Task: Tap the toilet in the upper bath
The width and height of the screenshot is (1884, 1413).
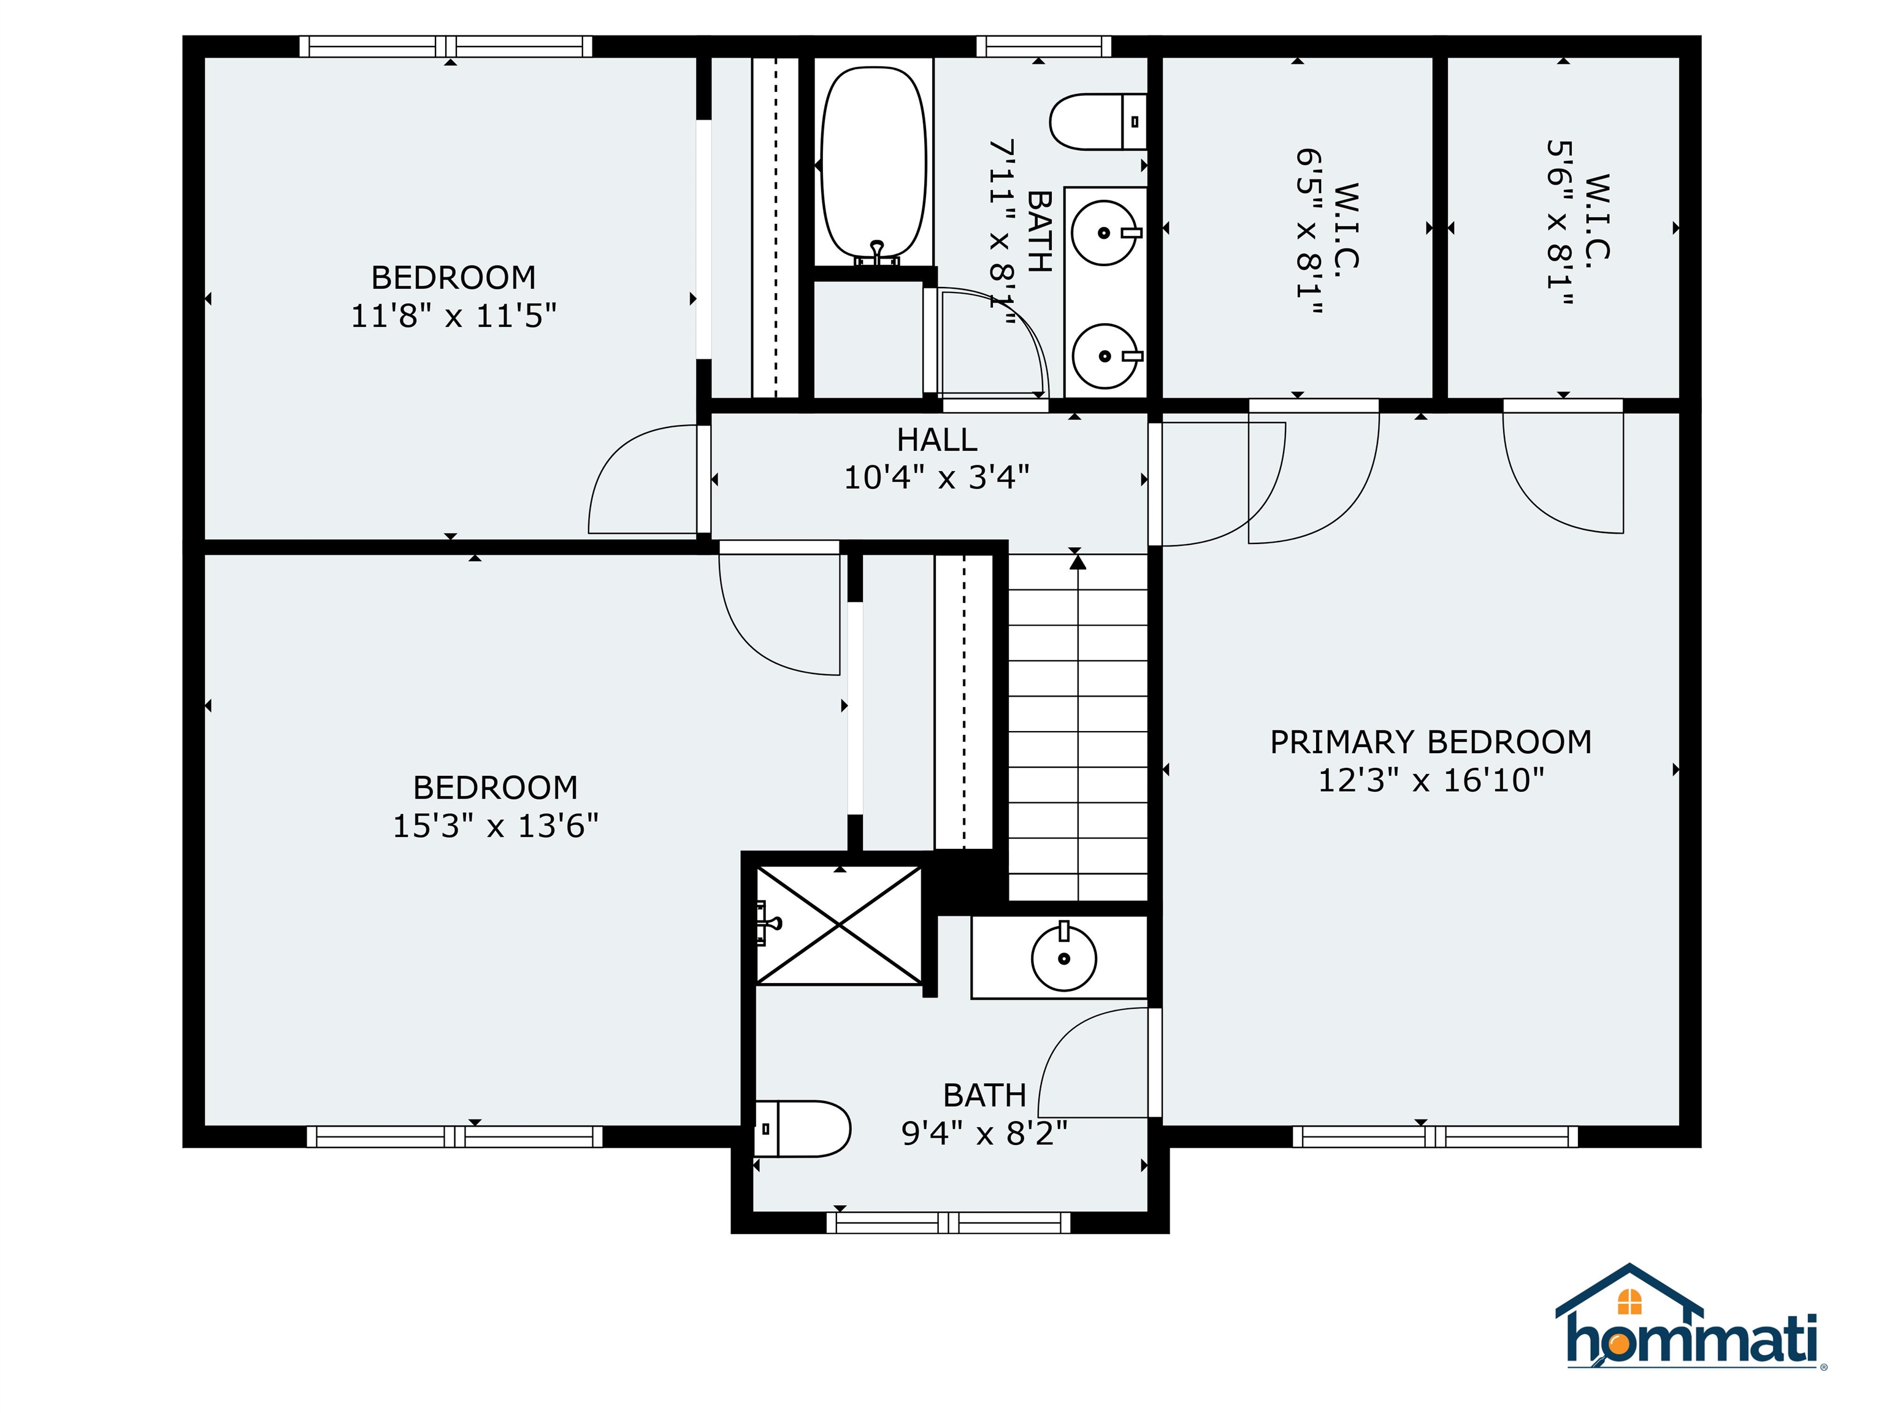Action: click(x=1097, y=122)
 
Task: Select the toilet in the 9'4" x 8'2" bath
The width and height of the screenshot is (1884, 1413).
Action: click(x=802, y=1128)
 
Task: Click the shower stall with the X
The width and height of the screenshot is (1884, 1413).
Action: click(x=839, y=926)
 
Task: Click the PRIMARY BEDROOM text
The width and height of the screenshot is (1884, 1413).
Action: click(x=1430, y=742)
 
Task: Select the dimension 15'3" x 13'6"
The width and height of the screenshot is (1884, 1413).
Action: click(x=495, y=826)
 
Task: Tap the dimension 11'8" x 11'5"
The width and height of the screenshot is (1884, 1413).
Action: click(x=453, y=316)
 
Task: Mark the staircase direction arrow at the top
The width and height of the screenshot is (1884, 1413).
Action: click(x=1078, y=562)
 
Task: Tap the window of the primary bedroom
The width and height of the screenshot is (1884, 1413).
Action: click(x=1434, y=1136)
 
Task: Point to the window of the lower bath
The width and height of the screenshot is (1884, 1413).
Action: click(x=948, y=1223)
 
